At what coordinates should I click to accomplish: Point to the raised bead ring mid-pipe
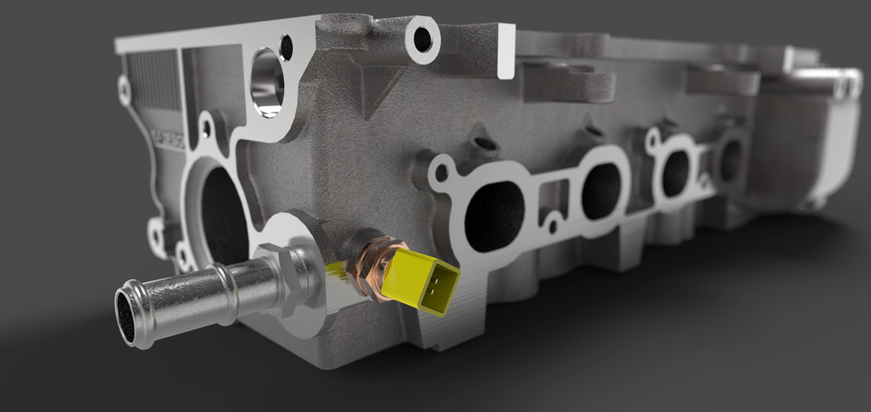[x=223, y=292]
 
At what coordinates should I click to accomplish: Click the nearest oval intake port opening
[x=494, y=216]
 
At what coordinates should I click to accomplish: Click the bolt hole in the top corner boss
[x=422, y=39]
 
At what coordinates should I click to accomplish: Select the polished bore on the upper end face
[x=267, y=83]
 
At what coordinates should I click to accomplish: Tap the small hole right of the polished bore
[x=287, y=46]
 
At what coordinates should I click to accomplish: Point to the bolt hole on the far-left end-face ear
[x=124, y=90]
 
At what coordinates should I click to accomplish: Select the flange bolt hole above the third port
[x=652, y=139]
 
